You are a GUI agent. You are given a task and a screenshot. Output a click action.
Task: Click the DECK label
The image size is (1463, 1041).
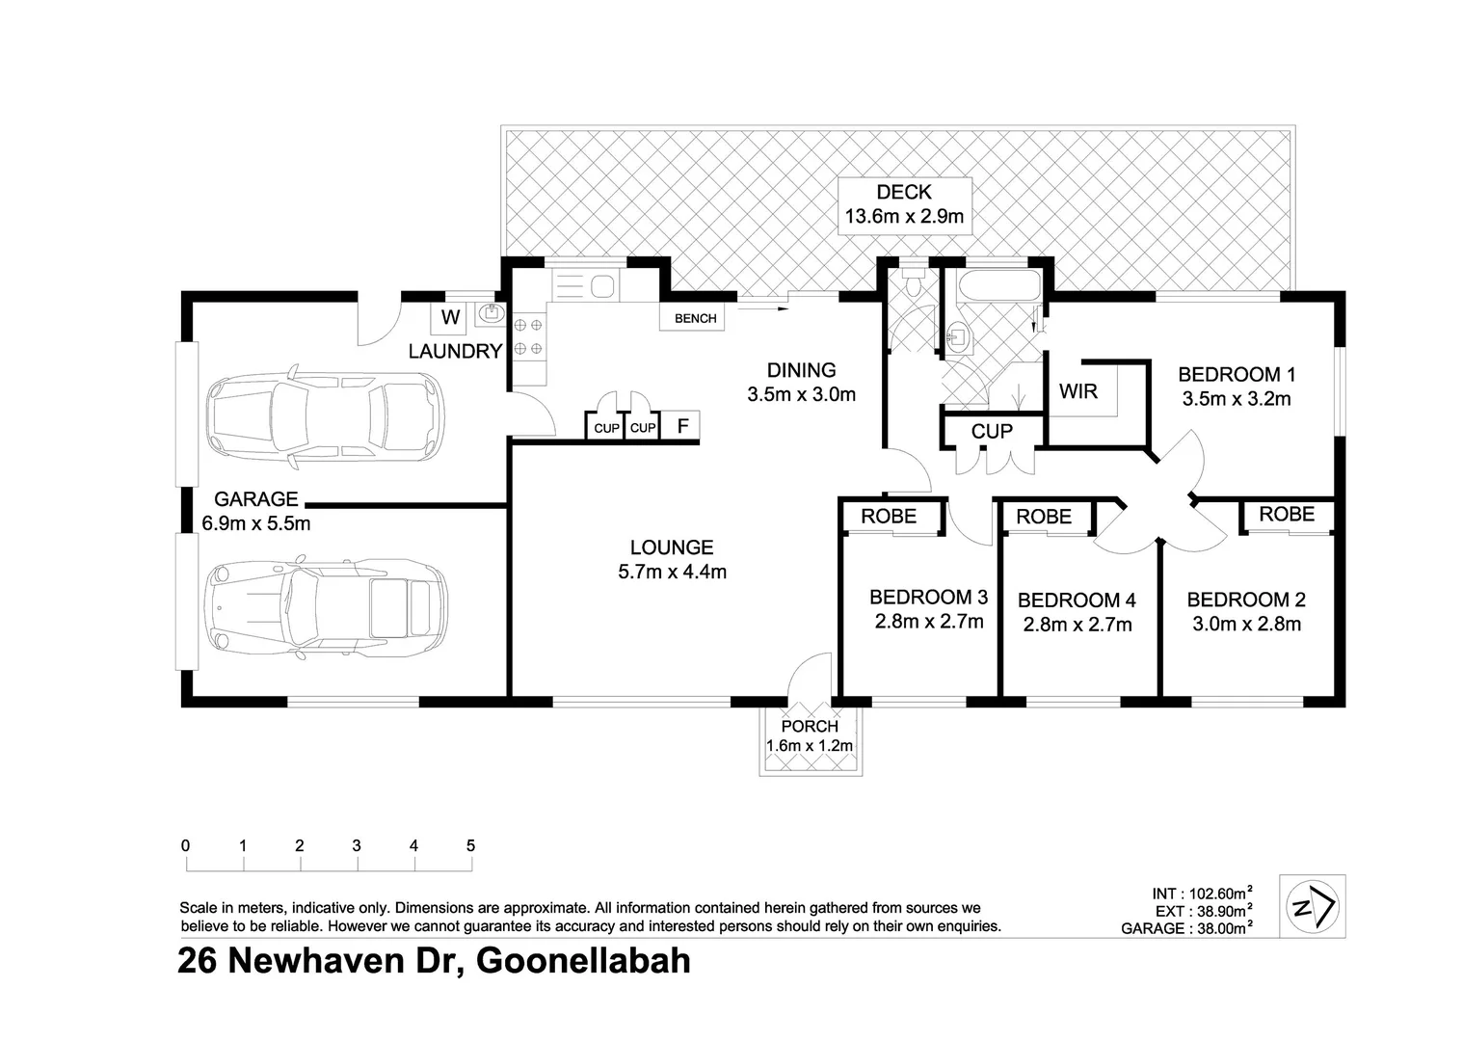pos(903,192)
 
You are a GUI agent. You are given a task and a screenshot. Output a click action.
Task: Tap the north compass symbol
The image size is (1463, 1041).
pos(1312,906)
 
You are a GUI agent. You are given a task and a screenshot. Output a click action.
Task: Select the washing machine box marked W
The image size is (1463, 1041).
pos(450,317)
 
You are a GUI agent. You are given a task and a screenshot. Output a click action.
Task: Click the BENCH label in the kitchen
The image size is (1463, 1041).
pos(695,319)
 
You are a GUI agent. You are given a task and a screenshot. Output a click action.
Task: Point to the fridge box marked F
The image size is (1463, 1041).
pos(682,425)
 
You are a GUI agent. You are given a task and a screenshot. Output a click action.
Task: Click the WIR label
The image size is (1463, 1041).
pos(1077,391)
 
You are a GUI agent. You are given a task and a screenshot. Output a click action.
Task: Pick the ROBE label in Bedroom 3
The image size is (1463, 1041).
pos(889,516)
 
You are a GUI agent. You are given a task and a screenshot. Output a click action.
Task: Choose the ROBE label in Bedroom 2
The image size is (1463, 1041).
pos(1286,514)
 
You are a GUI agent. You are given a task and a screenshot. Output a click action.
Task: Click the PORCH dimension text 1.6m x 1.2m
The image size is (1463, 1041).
pos(809,745)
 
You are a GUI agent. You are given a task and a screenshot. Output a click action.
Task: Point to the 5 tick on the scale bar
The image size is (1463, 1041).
pos(470,846)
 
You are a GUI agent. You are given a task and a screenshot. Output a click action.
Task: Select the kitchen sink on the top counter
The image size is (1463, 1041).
pos(602,286)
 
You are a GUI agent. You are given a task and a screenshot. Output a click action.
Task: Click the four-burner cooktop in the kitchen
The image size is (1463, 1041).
pos(527,337)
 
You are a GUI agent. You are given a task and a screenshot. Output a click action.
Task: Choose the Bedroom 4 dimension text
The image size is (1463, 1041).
pos(1077,625)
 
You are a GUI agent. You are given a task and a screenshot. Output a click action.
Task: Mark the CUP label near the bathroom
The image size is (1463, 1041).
pos(991,431)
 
